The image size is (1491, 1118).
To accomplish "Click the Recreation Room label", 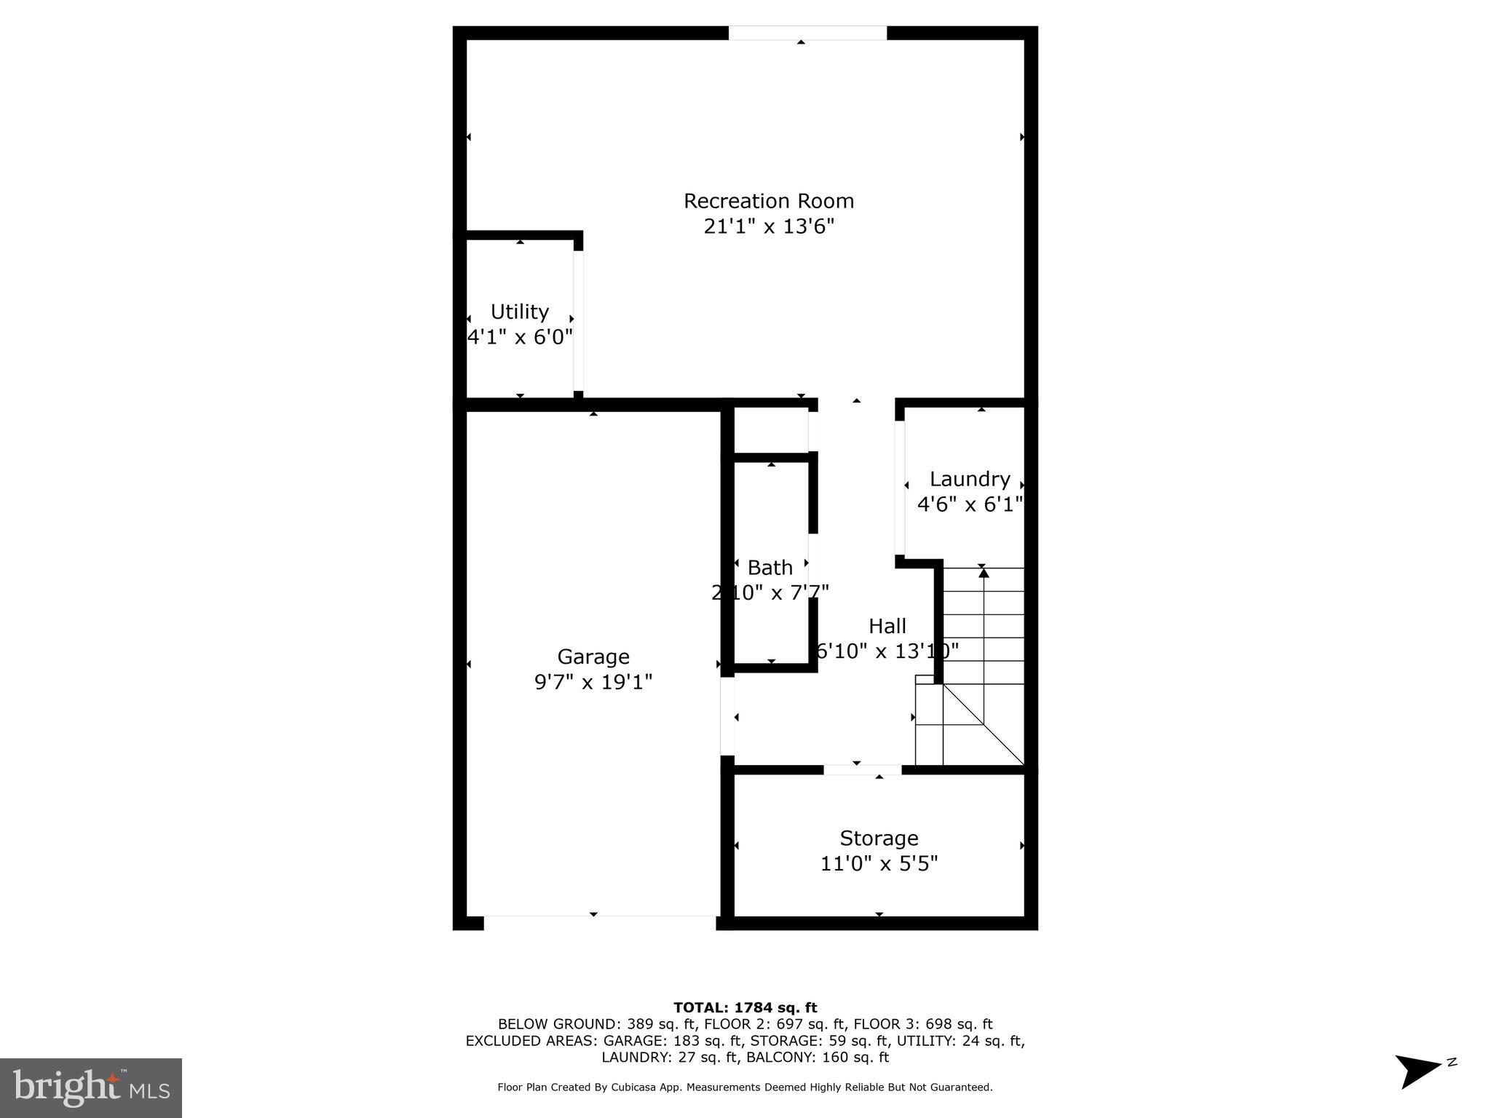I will click(x=768, y=201).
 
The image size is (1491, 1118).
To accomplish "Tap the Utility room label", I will click(x=519, y=312).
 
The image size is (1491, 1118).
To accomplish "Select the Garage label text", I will click(x=593, y=657).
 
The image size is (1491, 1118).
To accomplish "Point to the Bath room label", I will click(x=770, y=567).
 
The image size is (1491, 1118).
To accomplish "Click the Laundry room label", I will click(x=969, y=479).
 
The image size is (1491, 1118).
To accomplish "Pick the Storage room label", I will click(x=879, y=838).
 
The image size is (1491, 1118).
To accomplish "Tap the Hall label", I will click(x=887, y=626).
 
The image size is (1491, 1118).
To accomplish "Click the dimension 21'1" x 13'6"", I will click(x=768, y=226).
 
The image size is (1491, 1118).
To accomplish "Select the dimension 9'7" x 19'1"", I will click(x=593, y=682).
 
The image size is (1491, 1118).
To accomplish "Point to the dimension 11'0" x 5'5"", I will click(x=879, y=863).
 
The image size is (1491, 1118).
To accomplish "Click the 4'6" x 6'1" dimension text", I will click(x=969, y=504).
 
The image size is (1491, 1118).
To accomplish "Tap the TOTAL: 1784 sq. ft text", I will click(x=745, y=1007).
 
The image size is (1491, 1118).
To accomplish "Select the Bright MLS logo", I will click(x=91, y=1087).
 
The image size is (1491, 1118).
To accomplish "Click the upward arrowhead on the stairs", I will click(x=984, y=573).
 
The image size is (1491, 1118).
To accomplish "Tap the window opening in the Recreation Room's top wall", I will click(x=807, y=33).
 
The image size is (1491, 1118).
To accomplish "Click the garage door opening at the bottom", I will click(x=600, y=924).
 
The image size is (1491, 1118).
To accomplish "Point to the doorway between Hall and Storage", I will click(x=862, y=769).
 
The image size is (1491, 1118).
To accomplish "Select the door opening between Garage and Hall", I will click(x=727, y=715).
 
